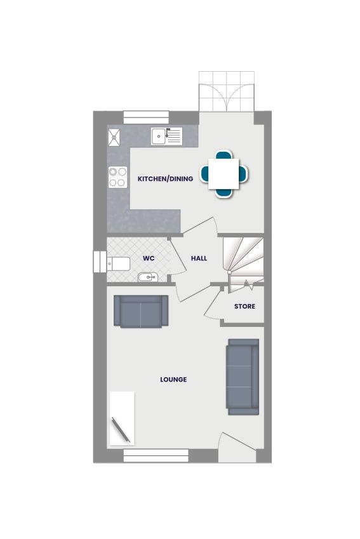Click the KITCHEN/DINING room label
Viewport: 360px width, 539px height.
coord(165,179)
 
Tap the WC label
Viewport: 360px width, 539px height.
coord(149,259)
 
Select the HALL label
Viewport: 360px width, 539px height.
coord(199,259)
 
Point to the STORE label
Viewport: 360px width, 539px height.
coord(244,307)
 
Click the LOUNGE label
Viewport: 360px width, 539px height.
coord(173,380)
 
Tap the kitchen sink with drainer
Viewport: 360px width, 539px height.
coord(166,136)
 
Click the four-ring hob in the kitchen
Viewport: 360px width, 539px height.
coord(117,176)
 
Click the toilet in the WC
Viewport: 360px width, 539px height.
coord(118,263)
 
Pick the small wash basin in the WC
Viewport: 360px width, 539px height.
coord(147,277)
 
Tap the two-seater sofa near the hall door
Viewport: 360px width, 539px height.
coord(140,311)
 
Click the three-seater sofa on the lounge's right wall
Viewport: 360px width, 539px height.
coord(243,376)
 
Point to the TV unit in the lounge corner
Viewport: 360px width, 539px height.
coord(122,419)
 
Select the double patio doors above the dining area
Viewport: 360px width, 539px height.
coord(227,91)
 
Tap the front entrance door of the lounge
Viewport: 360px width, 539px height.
coord(236,447)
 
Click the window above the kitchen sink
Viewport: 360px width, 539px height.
coord(146,117)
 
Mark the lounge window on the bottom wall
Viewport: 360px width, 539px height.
coord(156,455)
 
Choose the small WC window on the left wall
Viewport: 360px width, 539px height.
coord(99,262)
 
